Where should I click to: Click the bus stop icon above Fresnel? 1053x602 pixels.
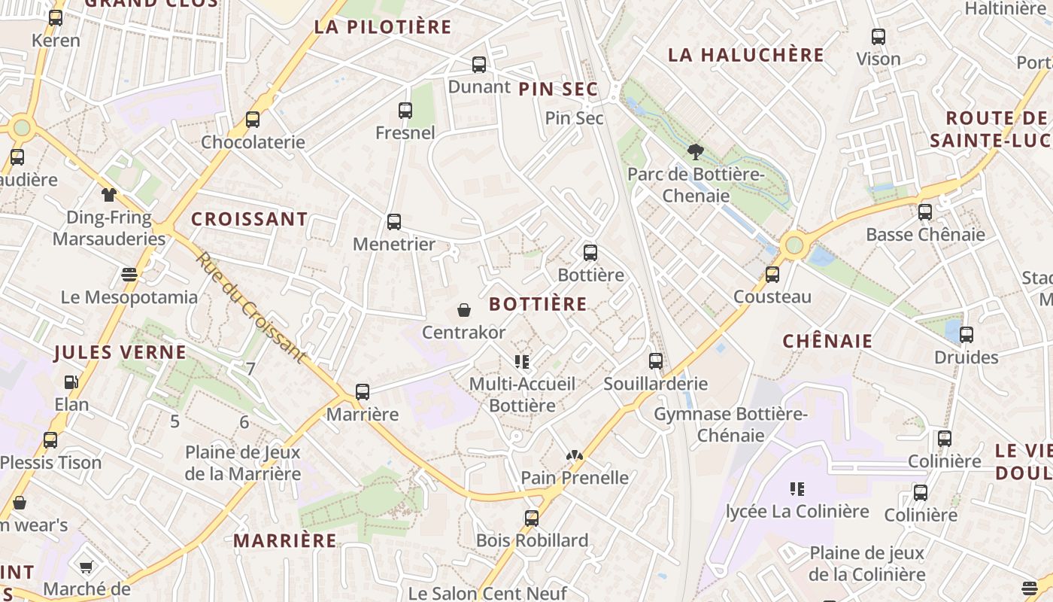405,111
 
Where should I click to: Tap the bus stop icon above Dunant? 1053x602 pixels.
479,65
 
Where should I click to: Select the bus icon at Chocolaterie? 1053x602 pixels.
253,120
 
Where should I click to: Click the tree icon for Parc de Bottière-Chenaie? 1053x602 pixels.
696,152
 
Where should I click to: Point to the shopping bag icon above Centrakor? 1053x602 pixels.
464,310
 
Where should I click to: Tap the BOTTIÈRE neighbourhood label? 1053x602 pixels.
538,304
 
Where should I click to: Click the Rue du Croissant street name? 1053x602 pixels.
251,307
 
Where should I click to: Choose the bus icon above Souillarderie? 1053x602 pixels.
656,361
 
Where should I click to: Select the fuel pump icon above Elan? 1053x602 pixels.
71,382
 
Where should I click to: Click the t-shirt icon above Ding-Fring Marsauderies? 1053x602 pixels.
109,195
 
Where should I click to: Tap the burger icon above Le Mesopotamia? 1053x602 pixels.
129,275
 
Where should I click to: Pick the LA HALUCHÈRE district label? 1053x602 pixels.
746,55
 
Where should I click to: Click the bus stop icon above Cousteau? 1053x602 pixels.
772,275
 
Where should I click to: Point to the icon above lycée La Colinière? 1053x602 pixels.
797,490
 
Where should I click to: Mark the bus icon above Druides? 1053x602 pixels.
967,335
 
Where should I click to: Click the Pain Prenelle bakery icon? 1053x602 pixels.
575,455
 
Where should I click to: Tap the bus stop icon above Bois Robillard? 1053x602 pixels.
532,518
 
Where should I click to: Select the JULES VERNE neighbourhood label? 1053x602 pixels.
120,352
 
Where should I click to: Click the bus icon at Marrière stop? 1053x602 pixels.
363,392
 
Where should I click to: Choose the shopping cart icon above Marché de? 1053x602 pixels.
86,567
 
